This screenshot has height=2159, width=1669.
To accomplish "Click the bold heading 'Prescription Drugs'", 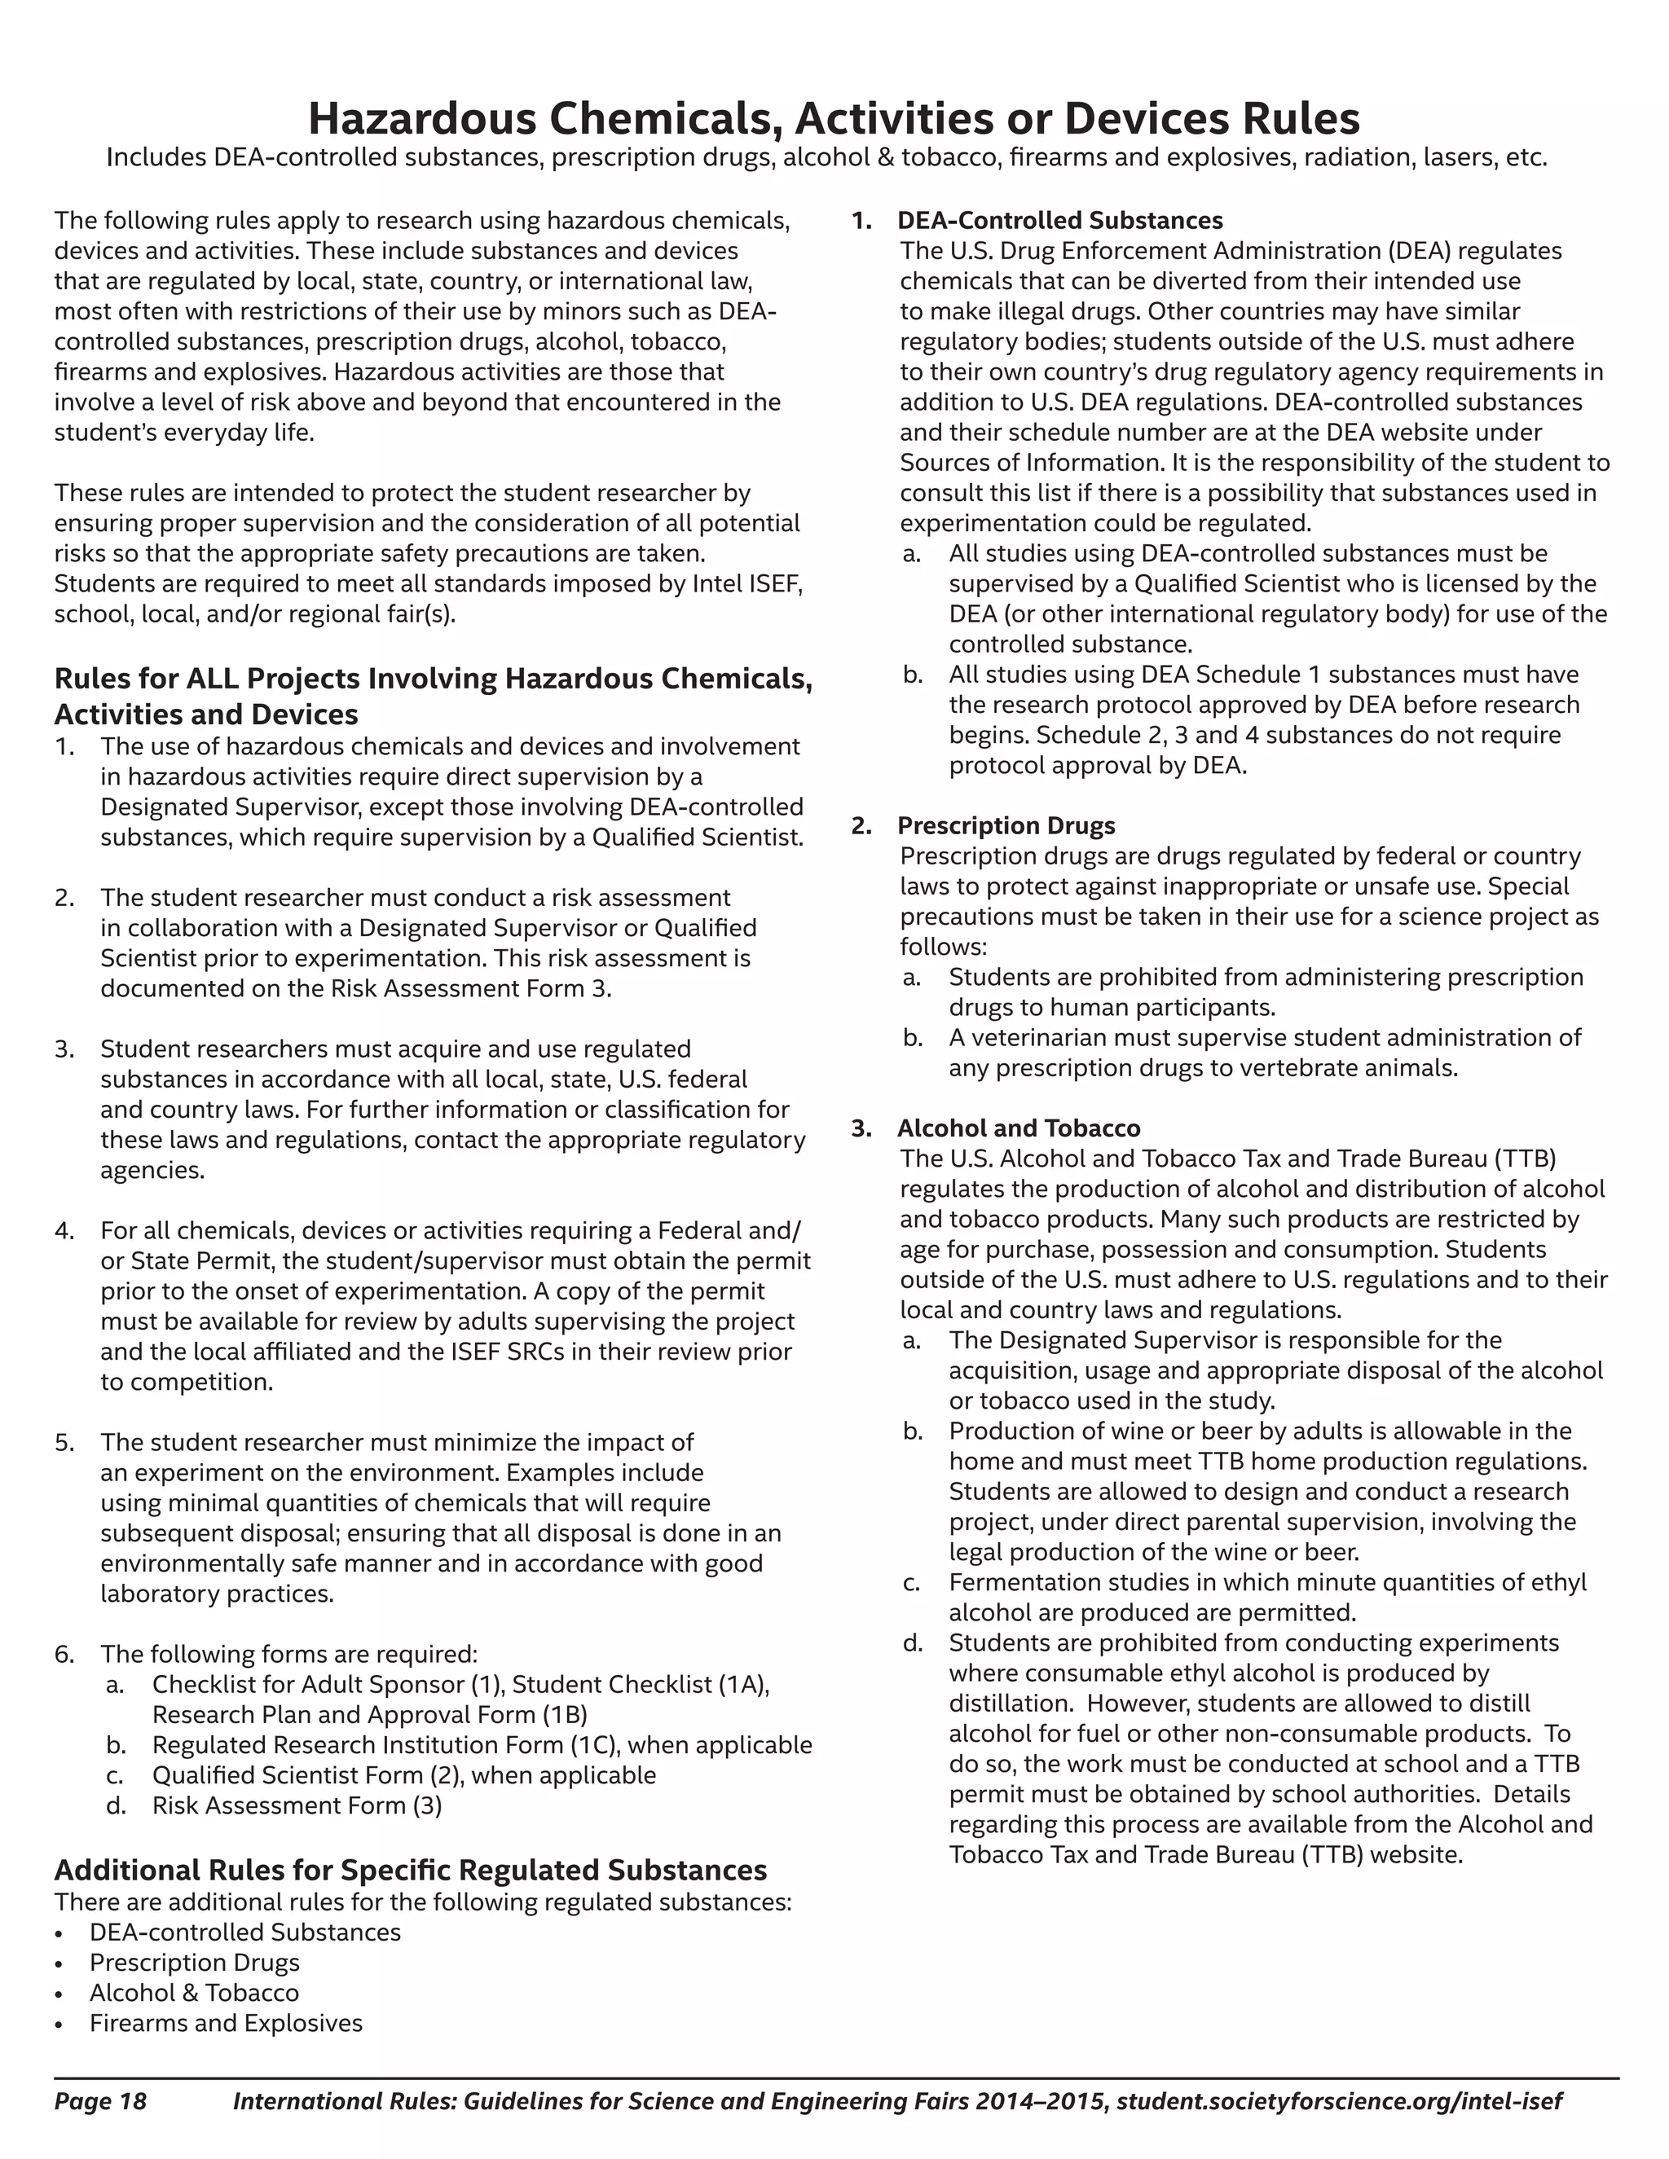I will (1006, 825).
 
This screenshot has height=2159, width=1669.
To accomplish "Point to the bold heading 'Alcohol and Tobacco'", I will (1019, 1128).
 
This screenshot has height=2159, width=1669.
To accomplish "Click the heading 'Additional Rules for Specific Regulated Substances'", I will (411, 1871).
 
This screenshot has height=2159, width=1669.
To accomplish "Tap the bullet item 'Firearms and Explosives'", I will (226, 2024).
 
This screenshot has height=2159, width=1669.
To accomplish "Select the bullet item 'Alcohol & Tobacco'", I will (194, 1993).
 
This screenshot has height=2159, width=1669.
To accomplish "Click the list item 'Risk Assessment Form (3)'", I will (297, 1806).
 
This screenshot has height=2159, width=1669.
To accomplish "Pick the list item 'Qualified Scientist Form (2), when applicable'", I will (403, 1775).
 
